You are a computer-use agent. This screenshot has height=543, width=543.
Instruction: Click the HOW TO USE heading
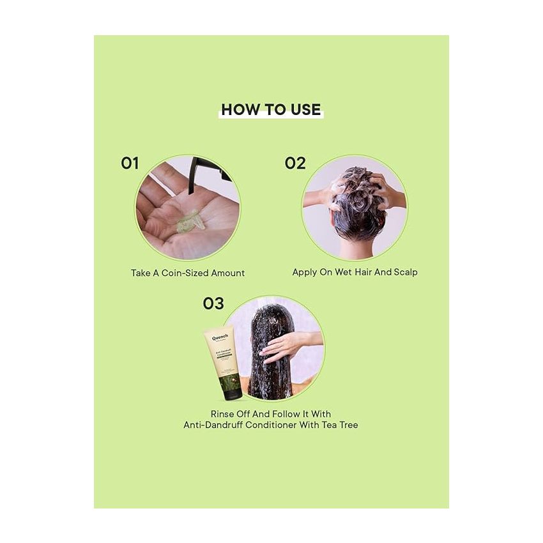271,109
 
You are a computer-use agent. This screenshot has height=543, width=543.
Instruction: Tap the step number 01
130,164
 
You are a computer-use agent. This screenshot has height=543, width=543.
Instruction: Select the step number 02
295,164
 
